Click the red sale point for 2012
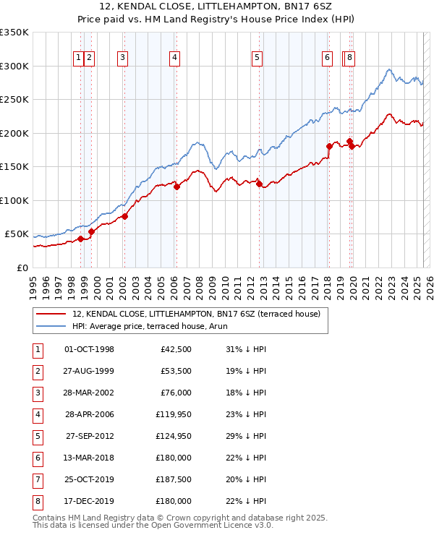coord(259,184)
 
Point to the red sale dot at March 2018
coord(329,146)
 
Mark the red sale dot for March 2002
coord(124,216)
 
